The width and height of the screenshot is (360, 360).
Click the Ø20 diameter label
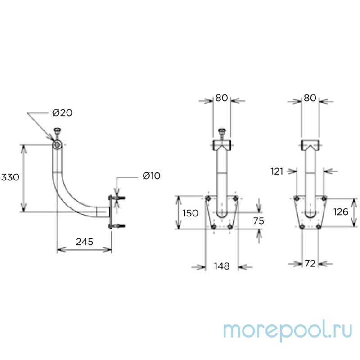click(62, 113)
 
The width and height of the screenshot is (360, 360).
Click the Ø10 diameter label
click(152, 175)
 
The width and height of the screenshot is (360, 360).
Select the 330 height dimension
click(10, 177)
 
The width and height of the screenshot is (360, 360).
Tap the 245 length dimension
click(85, 242)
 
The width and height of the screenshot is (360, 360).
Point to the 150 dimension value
click(190, 213)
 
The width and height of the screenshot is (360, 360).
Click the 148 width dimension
click(222, 266)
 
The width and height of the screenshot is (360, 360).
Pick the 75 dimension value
click(259, 221)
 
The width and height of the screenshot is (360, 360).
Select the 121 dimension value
click(277, 171)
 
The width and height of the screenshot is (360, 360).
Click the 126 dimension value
click(341, 212)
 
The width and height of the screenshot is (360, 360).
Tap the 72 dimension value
click(310, 264)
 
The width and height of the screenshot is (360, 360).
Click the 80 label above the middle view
click(221, 98)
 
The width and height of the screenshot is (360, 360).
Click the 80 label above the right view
click(310, 98)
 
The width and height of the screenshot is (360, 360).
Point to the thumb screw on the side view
click(57, 134)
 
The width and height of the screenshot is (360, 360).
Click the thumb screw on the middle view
click(222, 134)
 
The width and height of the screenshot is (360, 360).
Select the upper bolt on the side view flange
click(117, 198)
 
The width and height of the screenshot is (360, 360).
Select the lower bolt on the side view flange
click(117, 226)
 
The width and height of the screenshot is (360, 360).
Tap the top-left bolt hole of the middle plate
click(208, 198)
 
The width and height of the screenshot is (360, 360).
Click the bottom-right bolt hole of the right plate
click(319, 227)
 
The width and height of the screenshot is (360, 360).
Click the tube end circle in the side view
click(57, 145)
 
